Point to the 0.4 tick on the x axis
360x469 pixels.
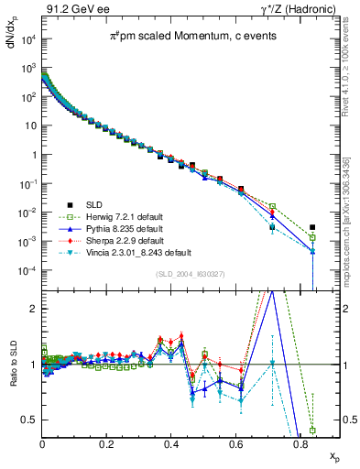pyautogui.click(x=171, y=442)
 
